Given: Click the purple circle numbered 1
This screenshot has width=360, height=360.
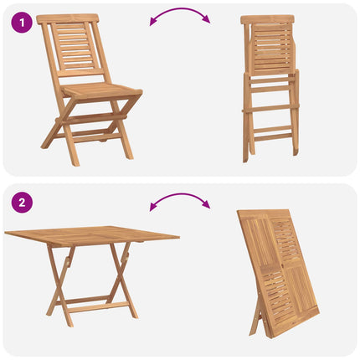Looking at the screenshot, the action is tap(22, 23).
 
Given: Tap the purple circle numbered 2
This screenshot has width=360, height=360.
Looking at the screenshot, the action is tap(22, 203).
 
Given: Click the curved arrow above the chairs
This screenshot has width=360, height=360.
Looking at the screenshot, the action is tap(180, 10).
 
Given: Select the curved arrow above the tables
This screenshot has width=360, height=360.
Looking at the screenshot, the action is tap(180, 195).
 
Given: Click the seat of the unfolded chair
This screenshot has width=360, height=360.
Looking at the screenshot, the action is tap(102, 90).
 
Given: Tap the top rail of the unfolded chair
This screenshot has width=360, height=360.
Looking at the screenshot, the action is tap(68, 19).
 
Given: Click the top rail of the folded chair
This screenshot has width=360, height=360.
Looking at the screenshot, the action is tap(268, 19).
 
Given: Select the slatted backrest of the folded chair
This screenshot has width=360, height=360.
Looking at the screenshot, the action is tap(271, 49).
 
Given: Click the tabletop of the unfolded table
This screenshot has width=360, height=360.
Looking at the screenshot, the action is tap(92, 236).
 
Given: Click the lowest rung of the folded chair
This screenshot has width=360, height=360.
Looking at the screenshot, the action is tap(273, 137).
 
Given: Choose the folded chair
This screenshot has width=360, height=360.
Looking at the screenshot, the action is tap(270, 89).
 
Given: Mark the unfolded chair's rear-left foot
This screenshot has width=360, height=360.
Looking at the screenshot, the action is tap(44, 146).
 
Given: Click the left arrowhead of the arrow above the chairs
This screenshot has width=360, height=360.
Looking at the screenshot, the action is tap(152, 22).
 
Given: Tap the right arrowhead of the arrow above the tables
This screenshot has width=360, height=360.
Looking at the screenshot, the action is tap(207, 204).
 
